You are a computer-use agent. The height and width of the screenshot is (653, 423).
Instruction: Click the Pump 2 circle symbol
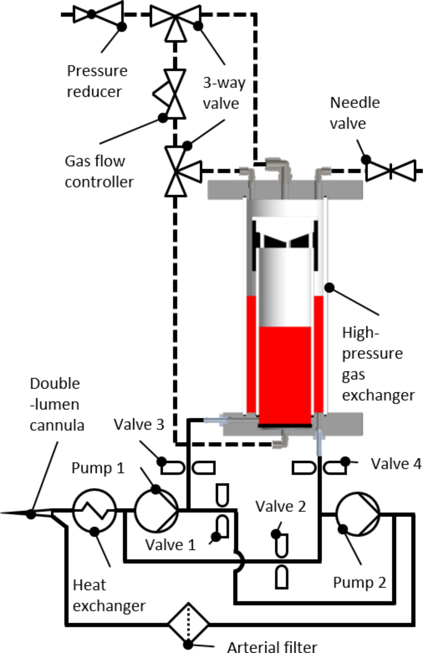pyautogui.click(x=358, y=514)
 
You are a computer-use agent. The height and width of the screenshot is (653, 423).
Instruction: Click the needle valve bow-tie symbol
pyautogui.click(x=390, y=171)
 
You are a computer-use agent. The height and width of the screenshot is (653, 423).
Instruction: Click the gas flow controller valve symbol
pyautogui.click(x=175, y=94)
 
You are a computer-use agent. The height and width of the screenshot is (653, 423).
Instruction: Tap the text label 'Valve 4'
pyautogui.click(x=396, y=464)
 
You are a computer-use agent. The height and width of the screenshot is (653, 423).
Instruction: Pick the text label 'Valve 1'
pyautogui.click(x=170, y=545)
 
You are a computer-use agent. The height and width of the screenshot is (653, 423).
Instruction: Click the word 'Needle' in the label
pyautogui.click(x=355, y=103)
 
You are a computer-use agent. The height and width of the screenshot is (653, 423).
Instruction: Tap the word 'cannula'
pyautogui.click(x=57, y=425)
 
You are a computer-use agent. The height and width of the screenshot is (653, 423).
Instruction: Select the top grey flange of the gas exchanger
pyautogui.click(x=285, y=190)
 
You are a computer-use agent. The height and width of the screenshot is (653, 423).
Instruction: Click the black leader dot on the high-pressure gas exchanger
pyautogui.click(x=329, y=288)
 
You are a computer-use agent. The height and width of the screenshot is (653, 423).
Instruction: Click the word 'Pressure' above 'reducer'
pyautogui.click(x=97, y=71)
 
